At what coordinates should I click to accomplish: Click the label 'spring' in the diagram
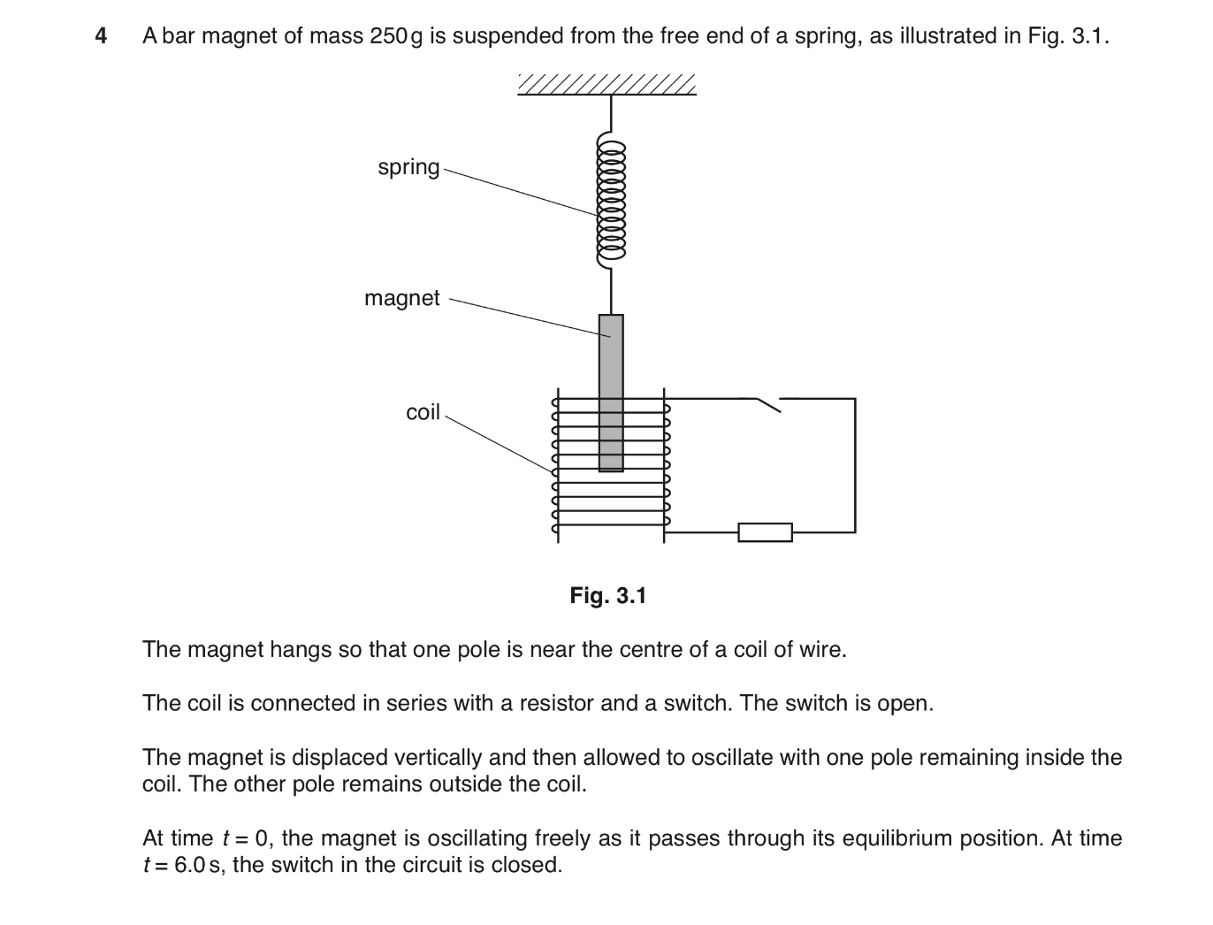(408, 167)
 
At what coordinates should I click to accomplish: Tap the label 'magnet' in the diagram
(401, 298)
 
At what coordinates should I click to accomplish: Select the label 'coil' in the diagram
(423, 412)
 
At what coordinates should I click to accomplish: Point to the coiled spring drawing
(611, 199)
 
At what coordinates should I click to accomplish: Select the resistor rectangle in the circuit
(765, 532)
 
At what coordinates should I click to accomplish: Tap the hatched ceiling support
(607, 85)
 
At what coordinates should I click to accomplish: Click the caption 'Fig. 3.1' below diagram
(607, 596)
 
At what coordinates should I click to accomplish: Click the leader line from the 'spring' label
(522, 191)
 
